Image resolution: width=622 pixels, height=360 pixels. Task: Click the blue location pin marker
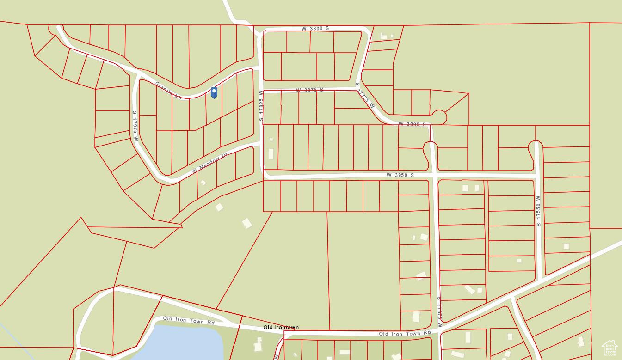(214, 92)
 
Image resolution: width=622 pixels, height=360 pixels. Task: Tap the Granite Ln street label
(168, 90)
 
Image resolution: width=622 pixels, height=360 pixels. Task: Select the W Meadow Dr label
(209, 163)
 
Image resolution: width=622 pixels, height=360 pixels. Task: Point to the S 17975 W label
(135, 122)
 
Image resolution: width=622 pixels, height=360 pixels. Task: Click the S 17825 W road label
(261, 106)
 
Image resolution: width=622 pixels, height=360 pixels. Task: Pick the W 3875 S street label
(309, 90)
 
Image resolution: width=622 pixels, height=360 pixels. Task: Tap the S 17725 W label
(365, 96)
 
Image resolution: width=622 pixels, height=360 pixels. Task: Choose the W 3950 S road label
(400, 175)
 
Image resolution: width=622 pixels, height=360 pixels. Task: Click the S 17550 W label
(538, 211)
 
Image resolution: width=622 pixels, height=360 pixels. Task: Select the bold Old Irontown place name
(281, 327)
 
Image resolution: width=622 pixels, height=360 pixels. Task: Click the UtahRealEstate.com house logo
(609, 348)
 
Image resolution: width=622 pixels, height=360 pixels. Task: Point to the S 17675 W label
(439, 312)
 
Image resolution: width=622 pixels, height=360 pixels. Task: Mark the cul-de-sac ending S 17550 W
(535, 146)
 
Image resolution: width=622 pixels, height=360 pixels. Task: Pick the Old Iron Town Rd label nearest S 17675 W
(405, 333)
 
